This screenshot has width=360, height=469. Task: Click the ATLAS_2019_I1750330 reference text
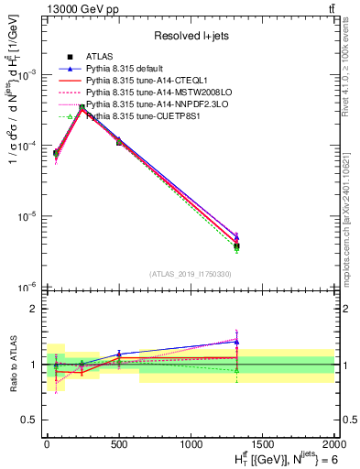coord(190,274)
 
